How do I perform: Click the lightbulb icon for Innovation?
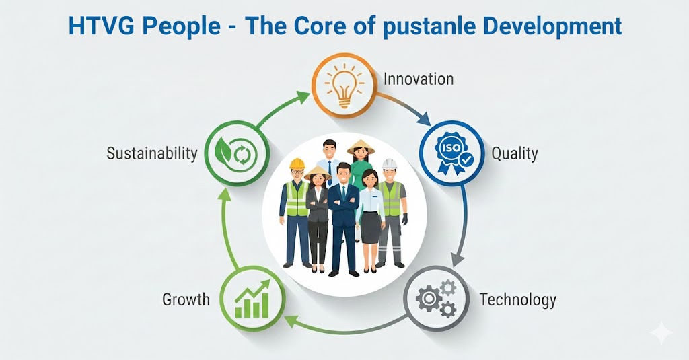tap(344, 85)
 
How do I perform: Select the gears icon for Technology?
tap(436, 299)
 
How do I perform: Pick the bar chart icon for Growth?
tap(252, 299)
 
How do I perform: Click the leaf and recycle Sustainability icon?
tap(235, 153)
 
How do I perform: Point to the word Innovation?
tap(419, 79)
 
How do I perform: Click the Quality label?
tap(515, 154)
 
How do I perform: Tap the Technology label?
tap(518, 300)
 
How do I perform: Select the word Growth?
tap(186, 300)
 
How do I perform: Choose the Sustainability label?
tap(152, 154)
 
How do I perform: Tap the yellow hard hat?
tap(297, 164)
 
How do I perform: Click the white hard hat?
tap(390, 164)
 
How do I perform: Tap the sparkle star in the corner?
tap(661, 334)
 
